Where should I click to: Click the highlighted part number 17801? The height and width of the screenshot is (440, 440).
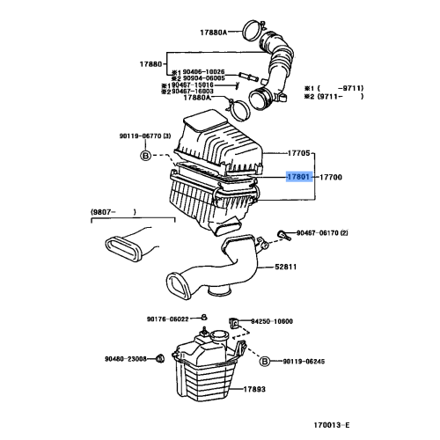[x=297, y=177]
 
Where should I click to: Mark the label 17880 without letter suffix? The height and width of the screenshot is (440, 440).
[x=151, y=63]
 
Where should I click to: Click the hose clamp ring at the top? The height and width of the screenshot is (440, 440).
[x=250, y=27]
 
